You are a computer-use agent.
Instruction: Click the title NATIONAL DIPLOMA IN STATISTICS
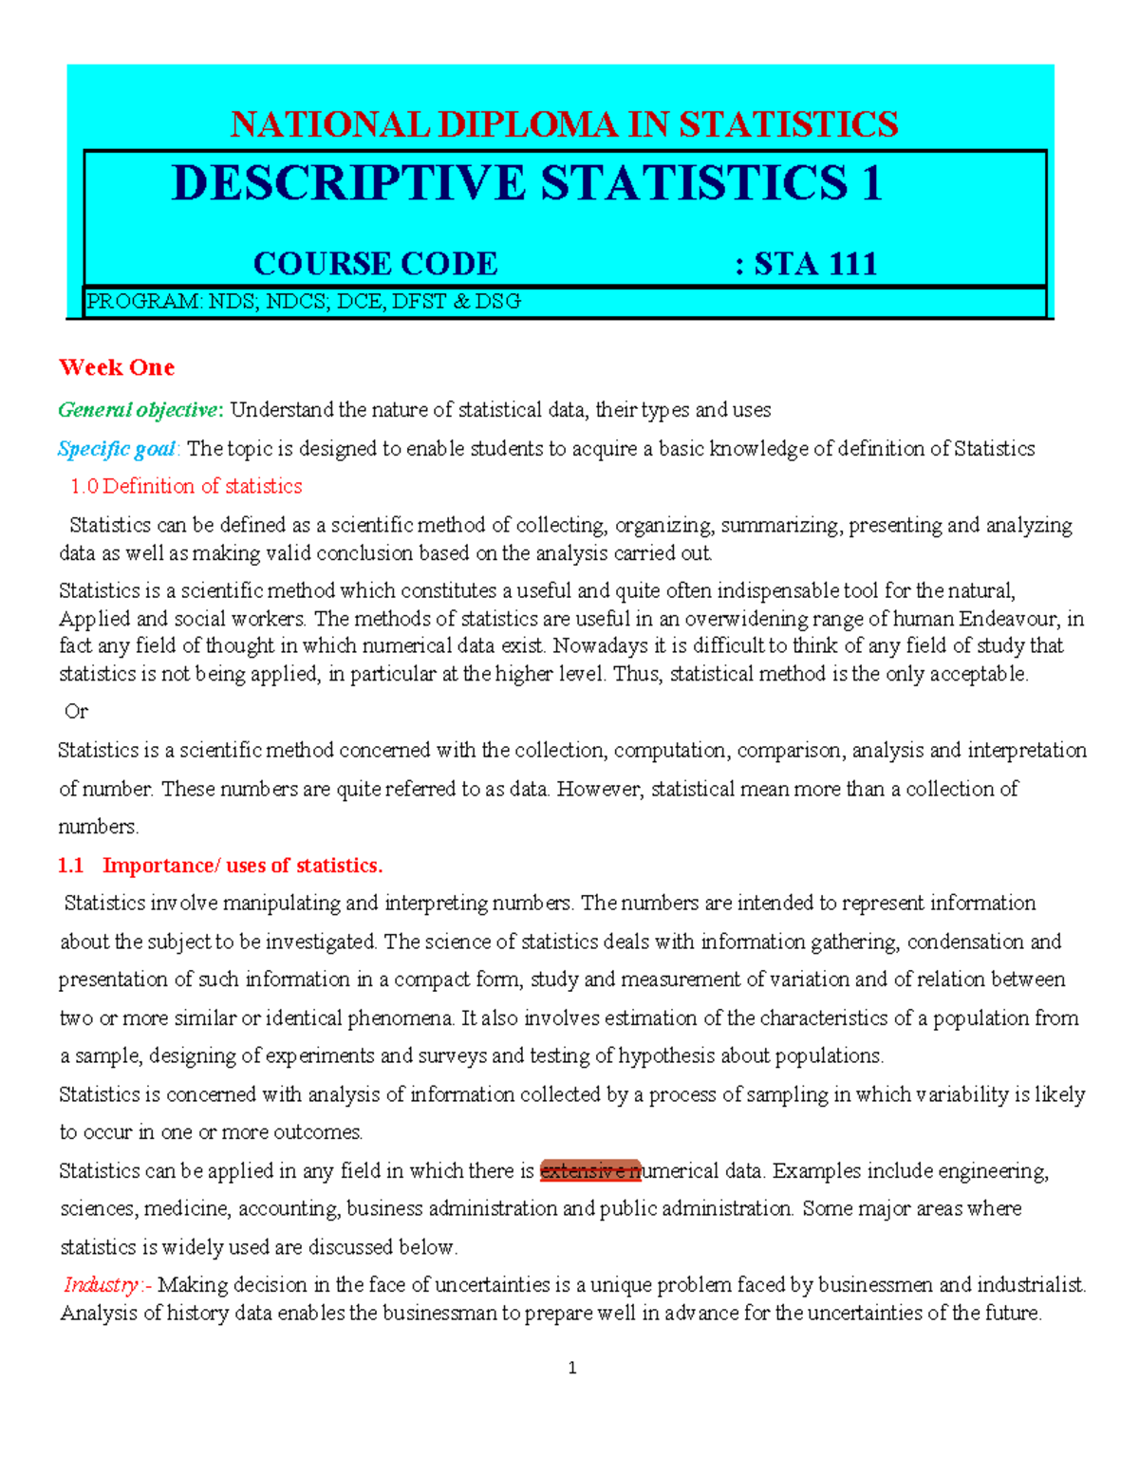[x=564, y=124]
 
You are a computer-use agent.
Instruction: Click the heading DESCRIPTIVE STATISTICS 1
[x=527, y=183]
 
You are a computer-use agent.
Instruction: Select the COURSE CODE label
[x=375, y=264]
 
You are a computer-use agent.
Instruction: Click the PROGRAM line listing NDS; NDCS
[x=304, y=302]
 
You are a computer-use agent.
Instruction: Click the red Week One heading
[x=117, y=367]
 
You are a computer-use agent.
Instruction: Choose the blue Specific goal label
[x=117, y=449]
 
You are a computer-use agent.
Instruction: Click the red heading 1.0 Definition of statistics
[x=186, y=486]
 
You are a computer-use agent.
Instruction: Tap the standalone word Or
[x=76, y=712]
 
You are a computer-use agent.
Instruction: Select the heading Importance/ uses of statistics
[x=242, y=866]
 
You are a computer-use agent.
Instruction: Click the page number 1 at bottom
[x=571, y=1368]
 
